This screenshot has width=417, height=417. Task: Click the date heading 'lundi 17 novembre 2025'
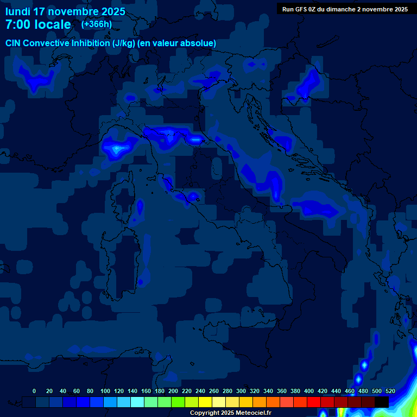pyautogui.click(x=65, y=11)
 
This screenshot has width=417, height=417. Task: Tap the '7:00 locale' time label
pyautogui.click(x=38, y=24)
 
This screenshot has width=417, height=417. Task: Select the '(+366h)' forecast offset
pyautogui.click(x=97, y=24)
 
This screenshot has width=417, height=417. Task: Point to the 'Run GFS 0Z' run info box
pyautogui.click(x=345, y=9)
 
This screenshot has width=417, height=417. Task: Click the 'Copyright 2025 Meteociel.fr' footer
pyautogui.click(x=231, y=413)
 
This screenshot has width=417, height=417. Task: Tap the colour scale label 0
pyautogui.click(x=34, y=391)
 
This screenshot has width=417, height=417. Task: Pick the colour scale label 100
pyautogui.click(x=105, y=391)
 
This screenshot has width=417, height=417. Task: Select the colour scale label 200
pyautogui.click(x=173, y=391)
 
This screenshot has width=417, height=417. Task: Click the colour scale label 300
pyautogui.click(x=241, y=391)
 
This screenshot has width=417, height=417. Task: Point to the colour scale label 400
pyautogui.click(x=309, y=391)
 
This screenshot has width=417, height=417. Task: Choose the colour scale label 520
pyautogui.click(x=390, y=391)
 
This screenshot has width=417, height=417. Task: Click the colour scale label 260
pyautogui.click(x=214, y=391)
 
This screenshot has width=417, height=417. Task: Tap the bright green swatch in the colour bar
pyautogui.click(x=178, y=402)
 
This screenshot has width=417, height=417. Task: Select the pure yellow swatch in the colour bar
pyautogui.click(x=205, y=402)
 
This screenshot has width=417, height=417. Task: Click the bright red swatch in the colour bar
pyautogui.click(x=314, y=402)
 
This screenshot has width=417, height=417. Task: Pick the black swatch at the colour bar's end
pyautogui.click(x=382, y=402)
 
